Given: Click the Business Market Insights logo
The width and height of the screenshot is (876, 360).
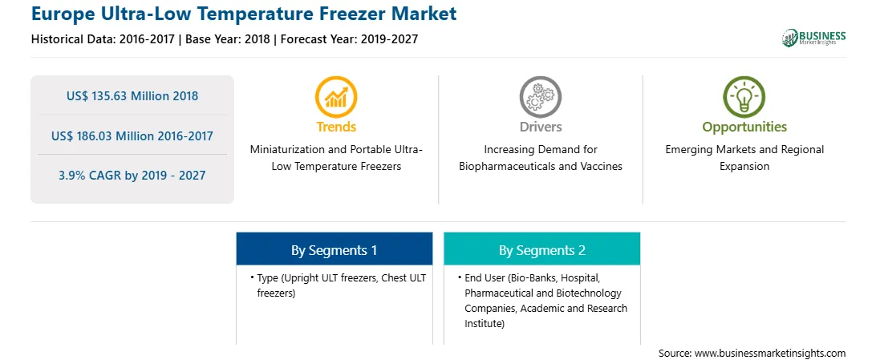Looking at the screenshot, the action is coord(813,38).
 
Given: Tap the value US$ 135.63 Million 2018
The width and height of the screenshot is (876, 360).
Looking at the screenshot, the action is coord(132,96).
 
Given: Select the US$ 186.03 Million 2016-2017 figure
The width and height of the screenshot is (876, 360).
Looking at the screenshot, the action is coord(132,136).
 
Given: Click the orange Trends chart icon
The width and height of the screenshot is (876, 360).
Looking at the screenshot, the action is coord(336,96).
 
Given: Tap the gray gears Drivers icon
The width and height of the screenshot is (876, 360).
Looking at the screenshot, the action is coord(540,96).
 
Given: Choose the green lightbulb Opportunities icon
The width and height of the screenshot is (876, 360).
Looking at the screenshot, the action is coord(744,96).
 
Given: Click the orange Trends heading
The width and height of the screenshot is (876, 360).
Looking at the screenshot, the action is coord(336,127).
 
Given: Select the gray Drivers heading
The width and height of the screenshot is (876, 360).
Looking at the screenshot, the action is coord(541,127).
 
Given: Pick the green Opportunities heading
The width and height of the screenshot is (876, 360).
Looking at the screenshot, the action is coord(744,127).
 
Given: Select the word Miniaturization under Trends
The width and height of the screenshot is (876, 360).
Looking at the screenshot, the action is coord(288,150).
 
